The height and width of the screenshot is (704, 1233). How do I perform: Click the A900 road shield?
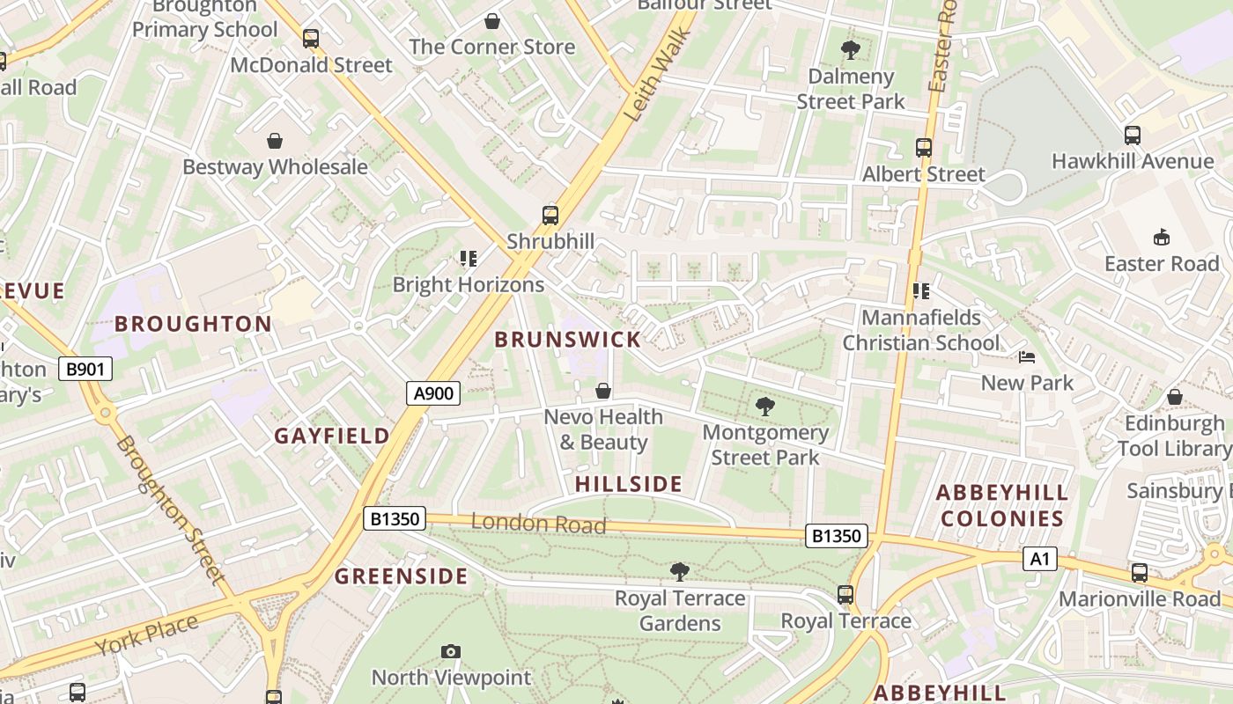pos(433,393)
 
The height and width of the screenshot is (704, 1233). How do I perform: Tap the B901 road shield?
pos(85,369)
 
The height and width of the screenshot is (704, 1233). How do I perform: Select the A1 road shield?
pos(1039,559)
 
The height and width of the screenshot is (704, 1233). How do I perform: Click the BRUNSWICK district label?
pos(567,340)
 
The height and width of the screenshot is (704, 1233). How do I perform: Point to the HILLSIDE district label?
pos(629,484)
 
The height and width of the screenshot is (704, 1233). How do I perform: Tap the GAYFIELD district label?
pos(331,436)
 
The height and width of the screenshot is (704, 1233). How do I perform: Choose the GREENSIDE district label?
pos(401,576)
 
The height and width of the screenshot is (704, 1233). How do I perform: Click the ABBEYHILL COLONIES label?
pos(1002,505)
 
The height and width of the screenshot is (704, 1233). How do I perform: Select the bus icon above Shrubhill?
pos(550,216)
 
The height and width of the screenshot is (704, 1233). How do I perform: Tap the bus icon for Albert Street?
pos(923,148)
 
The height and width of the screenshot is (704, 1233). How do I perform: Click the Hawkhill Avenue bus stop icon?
pos(1133,136)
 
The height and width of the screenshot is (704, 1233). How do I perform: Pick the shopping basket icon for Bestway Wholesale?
pos(275,141)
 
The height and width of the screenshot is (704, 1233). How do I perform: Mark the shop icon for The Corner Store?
pos(492,20)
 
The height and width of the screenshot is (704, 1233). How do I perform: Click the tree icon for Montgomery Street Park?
pos(765,407)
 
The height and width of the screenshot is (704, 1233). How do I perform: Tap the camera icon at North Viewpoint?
pos(451,651)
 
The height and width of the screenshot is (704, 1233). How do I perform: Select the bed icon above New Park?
pos(1027,357)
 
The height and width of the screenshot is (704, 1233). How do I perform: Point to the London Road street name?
pos(538,524)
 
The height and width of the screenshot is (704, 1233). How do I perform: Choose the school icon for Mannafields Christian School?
pos(921,291)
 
